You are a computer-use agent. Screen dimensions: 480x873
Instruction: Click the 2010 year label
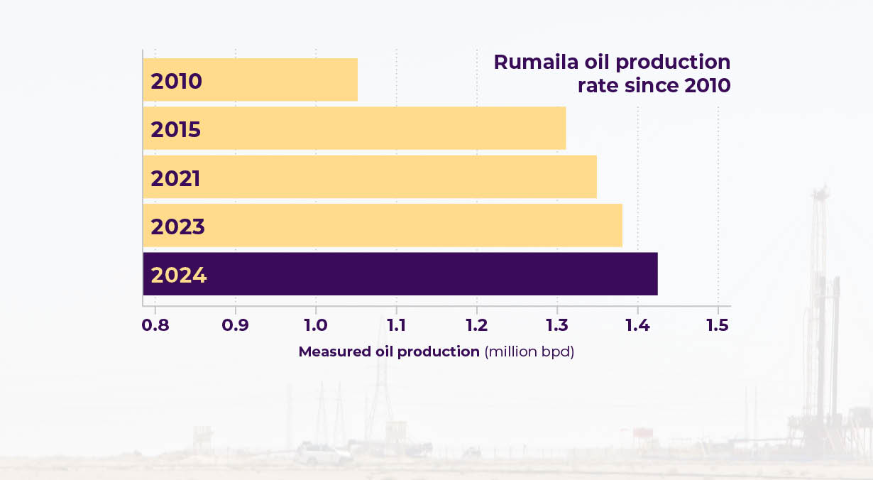[176, 81]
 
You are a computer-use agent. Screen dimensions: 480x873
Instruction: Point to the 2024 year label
[179, 275]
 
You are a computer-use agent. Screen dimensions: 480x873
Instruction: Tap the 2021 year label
[175, 178]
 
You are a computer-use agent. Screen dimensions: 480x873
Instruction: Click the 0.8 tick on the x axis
[155, 325]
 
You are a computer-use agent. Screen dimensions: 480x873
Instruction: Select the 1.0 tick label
[316, 325]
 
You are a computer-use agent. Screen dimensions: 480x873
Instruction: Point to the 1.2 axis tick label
[476, 325]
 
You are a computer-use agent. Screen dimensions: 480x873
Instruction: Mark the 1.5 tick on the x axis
[718, 325]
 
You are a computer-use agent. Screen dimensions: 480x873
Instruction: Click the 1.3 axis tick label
[557, 325]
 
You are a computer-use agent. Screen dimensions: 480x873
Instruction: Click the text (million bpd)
[529, 352]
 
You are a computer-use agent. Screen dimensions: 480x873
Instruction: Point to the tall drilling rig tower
[821, 284]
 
